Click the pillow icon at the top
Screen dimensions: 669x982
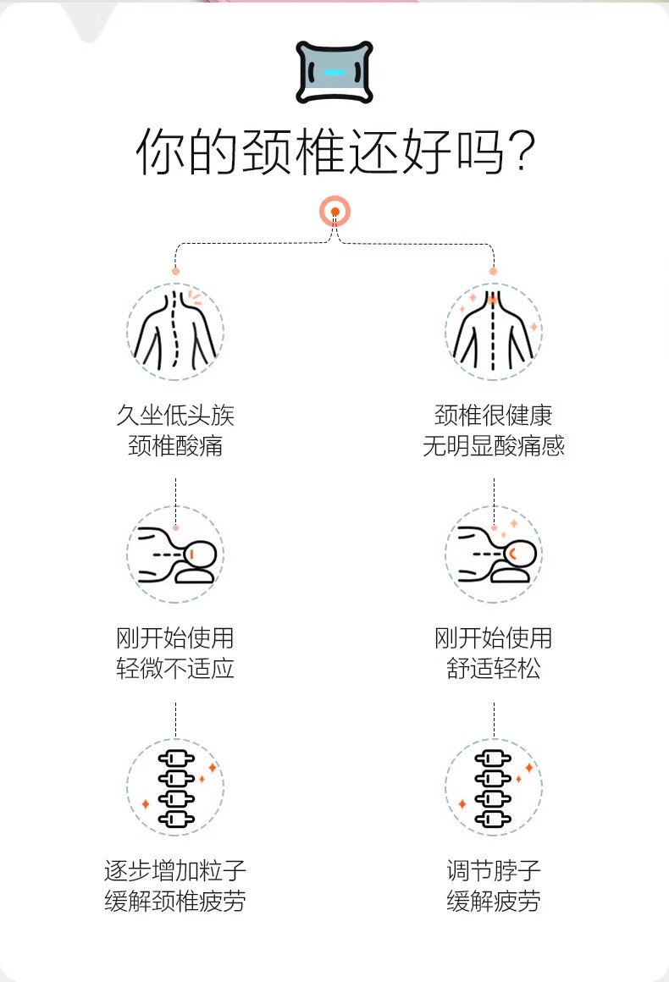[x=334, y=72]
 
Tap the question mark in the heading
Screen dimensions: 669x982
[x=521, y=152]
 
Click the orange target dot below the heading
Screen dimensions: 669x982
[x=335, y=212]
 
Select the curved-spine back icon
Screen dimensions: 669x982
[x=175, y=331]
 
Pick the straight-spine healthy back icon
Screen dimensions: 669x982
[x=494, y=331]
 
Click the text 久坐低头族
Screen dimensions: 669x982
[x=175, y=415]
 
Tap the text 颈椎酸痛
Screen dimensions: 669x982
[x=175, y=446]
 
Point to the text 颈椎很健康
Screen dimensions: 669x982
[x=494, y=415]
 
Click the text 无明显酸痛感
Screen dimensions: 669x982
[x=494, y=446]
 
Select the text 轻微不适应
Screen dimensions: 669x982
[x=175, y=668]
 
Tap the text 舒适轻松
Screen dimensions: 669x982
[x=494, y=668]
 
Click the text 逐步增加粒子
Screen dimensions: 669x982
[x=175, y=870]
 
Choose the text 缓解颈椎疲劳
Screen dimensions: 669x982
[x=175, y=902]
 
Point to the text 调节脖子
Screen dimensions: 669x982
[x=494, y=870]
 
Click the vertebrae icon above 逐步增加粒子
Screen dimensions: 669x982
[x=175, y=787]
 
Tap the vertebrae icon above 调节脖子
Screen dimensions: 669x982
[x=494, y=787]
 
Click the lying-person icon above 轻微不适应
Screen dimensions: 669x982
[x=175, y=554]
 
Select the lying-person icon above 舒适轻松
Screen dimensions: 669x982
[x=494, y=554]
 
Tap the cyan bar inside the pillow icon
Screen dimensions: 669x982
[x=334, y=72]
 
